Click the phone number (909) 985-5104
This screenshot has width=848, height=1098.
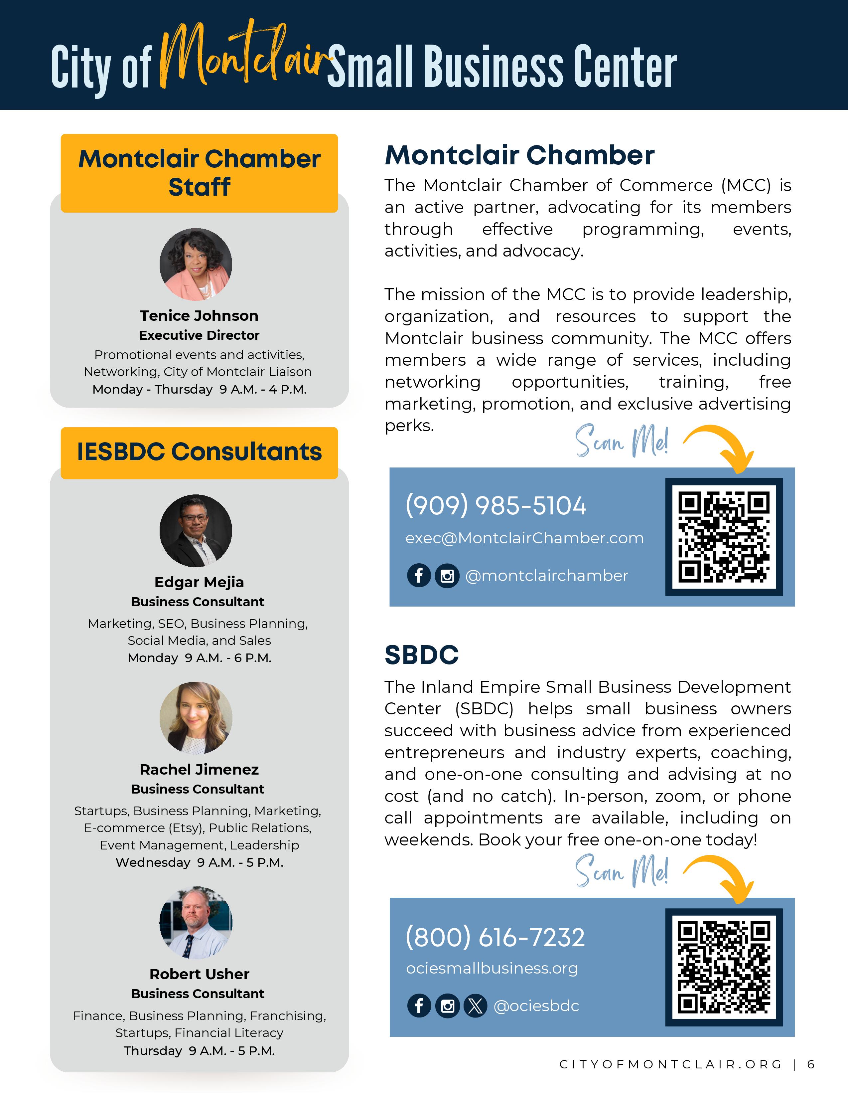[495, 505]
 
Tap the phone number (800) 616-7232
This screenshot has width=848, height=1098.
[495, 937]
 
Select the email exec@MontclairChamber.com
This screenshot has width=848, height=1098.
[524, 538]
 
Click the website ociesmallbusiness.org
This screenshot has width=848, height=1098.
[492, 968]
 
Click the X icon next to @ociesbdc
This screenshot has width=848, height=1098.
[475, 1006]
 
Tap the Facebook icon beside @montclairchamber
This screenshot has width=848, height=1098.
[418, 575]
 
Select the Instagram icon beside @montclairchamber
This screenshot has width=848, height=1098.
[447, 576]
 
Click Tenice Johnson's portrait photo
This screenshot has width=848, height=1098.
[196, 265]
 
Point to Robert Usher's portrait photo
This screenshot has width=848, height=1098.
[196, 923]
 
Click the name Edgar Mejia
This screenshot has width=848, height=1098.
[199, 582]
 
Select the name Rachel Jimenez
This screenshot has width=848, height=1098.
[199, 769]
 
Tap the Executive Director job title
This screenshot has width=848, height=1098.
[199, 335]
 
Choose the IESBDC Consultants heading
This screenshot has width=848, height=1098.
[199, 452]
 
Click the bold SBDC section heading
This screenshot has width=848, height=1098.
[421, 655]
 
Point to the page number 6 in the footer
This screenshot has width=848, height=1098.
[811, 1064]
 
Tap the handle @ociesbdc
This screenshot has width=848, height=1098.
[536, 1006]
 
